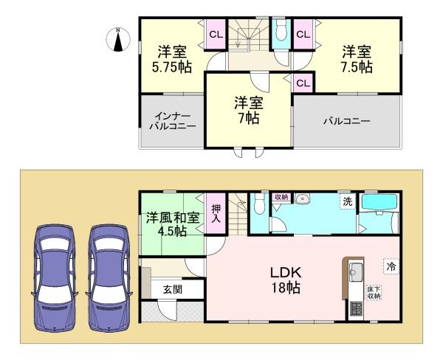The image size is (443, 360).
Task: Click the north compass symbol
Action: [x=117, y=39]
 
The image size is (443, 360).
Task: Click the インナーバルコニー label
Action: [x=174, y=121]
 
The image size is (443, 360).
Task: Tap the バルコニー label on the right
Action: [x=346, y=121]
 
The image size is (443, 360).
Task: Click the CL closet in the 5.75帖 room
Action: [x=216, y=34]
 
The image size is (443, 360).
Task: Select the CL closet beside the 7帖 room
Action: [x=303, y=83]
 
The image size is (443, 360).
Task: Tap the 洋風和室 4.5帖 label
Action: [x=172, y=224]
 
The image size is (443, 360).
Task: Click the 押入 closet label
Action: [x=216, y=213]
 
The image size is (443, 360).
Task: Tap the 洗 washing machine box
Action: [x=346, y=201]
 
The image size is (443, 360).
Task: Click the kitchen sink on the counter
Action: [x=353, y=270]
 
